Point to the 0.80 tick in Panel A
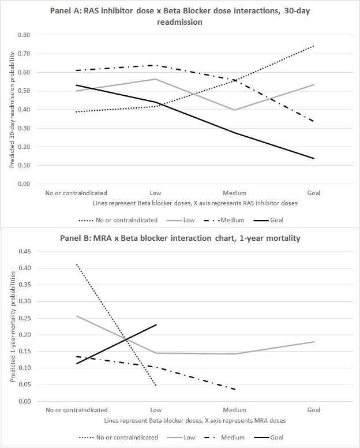[23, 35]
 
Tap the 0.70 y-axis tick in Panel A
[23, 54]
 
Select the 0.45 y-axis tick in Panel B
[23, 251]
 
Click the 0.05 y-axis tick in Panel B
[23, 384]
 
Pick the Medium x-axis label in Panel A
[234, 193]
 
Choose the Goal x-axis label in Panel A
[314, 193]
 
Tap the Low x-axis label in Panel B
[155, 410]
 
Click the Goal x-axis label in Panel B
[314, 410]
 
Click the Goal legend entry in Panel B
[276, 438]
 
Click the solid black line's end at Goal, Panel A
[314, 158]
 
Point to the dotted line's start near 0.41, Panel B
[76, 264]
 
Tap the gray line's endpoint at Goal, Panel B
[314, 342]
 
